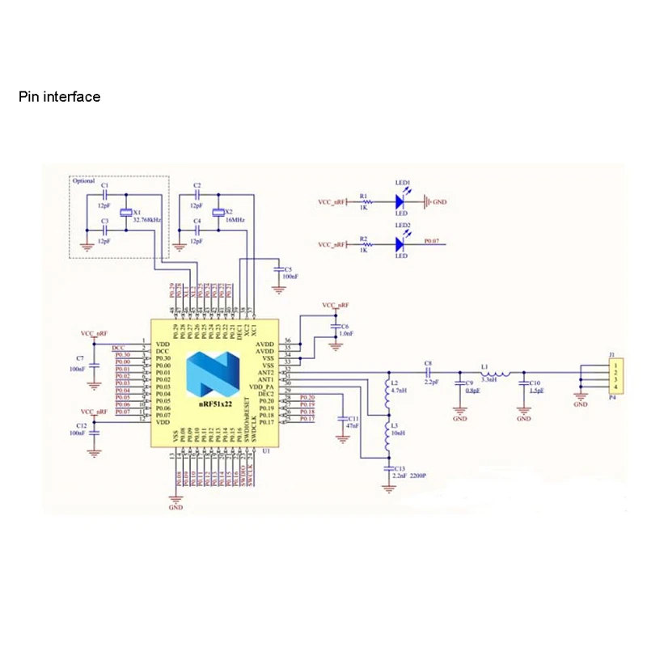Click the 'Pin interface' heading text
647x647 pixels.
pyautogui.click(x=60, y=97)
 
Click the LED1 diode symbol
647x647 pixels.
pyautogui.click(x=402, y=201)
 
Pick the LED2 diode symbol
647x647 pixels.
pyautogui.click(x=402, y=243)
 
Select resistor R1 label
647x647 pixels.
pyautogui.click(x=364, y=196)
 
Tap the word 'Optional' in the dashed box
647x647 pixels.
pyautogui.click(x=83, y=181)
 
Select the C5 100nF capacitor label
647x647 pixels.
pyautogui.click(x=288, y=273)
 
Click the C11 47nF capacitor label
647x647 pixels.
pyautogui.click(x=353, y=421)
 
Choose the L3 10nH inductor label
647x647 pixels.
pyautogui.click(x=395, y=429)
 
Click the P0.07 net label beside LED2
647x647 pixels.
pyautogui.click(x=433, y=241)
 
